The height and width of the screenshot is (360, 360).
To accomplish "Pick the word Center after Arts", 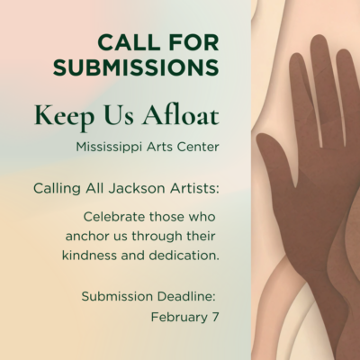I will (197, 144).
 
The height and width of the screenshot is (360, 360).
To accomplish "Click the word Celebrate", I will (119, 217).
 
